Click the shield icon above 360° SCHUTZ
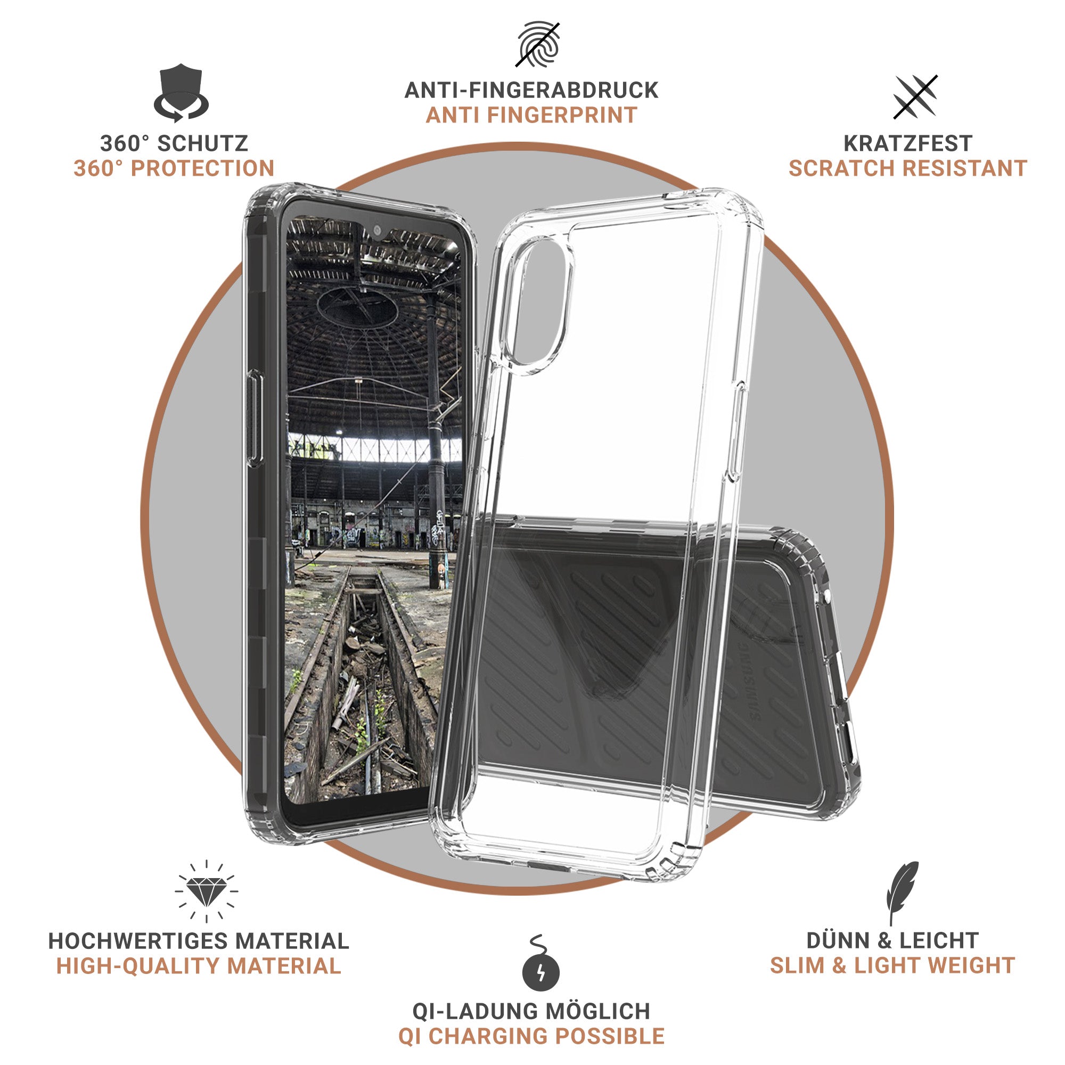[x=181, y=93]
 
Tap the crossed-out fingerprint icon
[x=538, y=44]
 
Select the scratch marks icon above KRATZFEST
[x=915, y=97]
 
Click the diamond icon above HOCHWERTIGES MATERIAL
[x=206, y=891]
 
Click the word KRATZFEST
[x=908, y=143]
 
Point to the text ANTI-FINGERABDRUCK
[x=531, y=91]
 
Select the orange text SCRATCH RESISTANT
[x=908, y=168]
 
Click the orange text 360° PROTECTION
[x=174, y=168]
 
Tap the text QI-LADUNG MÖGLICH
[x=531, y=1012]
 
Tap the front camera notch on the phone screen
[x=377, y=231]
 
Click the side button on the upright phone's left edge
[x=254, y=419]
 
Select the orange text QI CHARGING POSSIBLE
[x=531, y=1036]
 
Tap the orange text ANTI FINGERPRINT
[x=531, y=115]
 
